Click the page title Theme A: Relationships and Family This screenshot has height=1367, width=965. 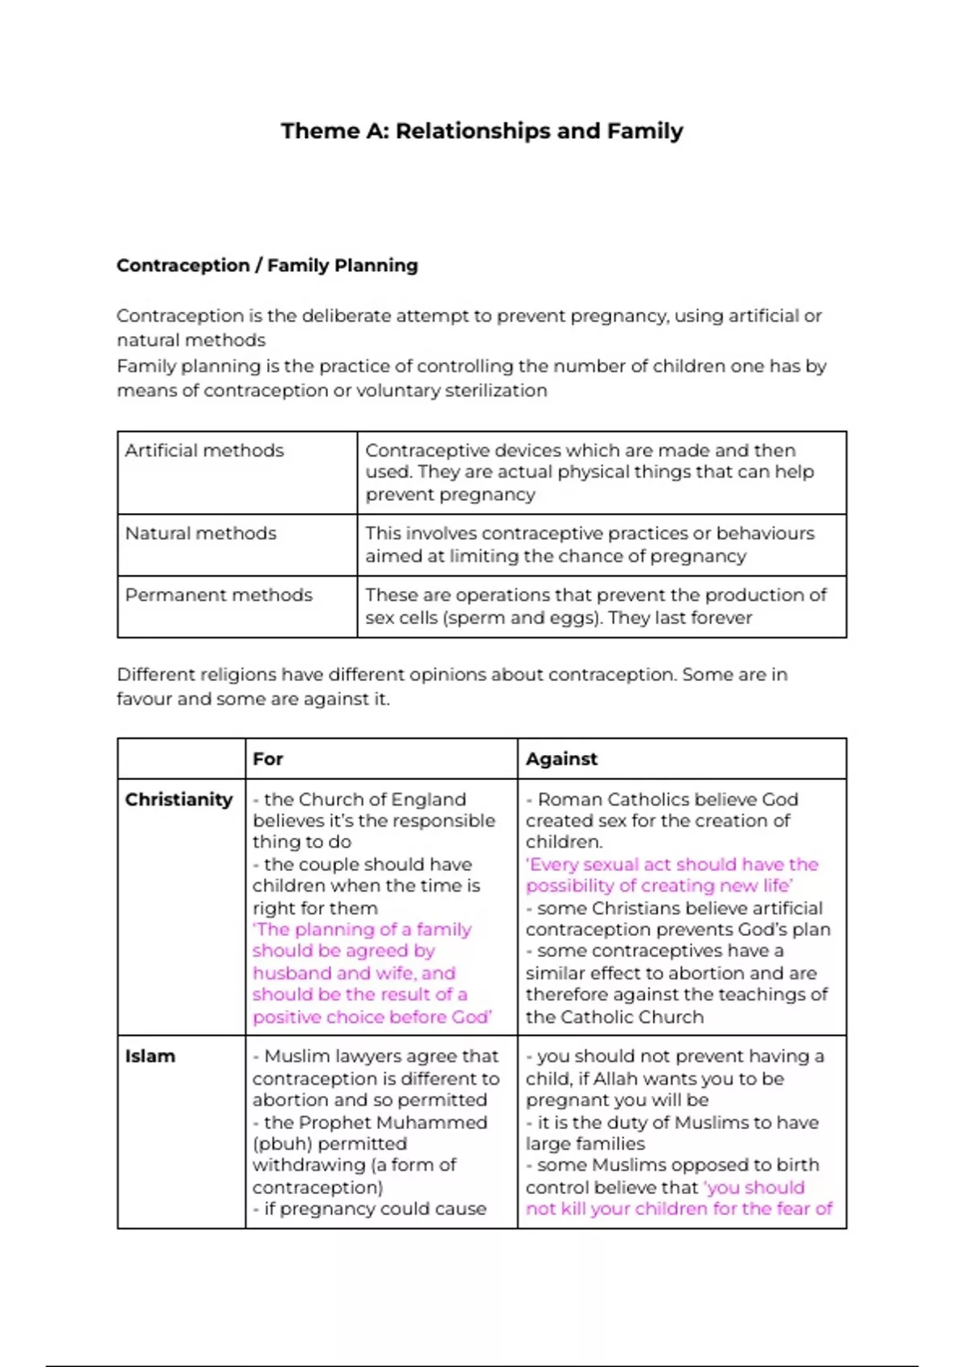(482, 131)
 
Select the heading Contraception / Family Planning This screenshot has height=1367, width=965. (267, 265)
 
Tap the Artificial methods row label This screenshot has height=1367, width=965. (204, 450)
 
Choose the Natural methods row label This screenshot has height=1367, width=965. (200, 533)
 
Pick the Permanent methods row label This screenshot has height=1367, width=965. (219, 595)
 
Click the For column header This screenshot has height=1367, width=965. (268, 759)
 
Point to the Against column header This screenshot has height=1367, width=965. (561, 759)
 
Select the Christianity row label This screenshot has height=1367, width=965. (179, 799)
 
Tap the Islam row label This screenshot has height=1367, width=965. (150, 1056)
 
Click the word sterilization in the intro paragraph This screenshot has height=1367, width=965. (496, 391)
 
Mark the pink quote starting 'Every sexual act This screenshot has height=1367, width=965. (671, 875)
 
